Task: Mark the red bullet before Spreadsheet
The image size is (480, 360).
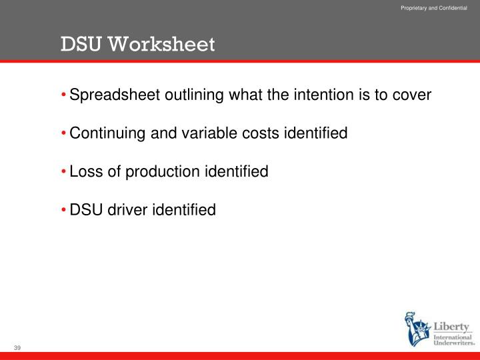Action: [64, 95]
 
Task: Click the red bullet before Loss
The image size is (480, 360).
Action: [64, 171]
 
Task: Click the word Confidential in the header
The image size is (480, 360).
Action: [453, 7]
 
